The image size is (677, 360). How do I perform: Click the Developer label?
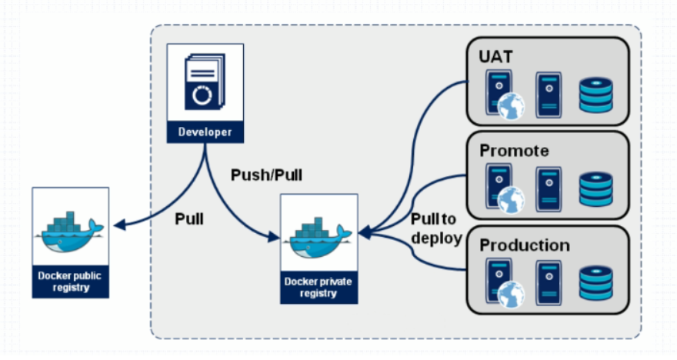pyautogui.click(x=205, y=132)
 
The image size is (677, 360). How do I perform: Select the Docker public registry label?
pyautogui.click(x=70, y=282)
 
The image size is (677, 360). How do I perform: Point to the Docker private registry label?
pyautogui.click(x=318, y=287)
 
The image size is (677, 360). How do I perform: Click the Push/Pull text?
pyautogui.click(x=266, y=175)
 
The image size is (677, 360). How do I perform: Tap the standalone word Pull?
pyautogui.click(x=189, y=218)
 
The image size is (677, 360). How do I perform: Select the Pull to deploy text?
pyautogui.click(x=435, y=228)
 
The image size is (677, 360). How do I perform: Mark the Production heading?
pyautogui.click(x=525, y=245)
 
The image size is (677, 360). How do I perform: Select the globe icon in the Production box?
pyautogui.click(x=511, y=295)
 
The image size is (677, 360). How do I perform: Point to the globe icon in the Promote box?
pyautogui.click(x=511, y=200)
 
